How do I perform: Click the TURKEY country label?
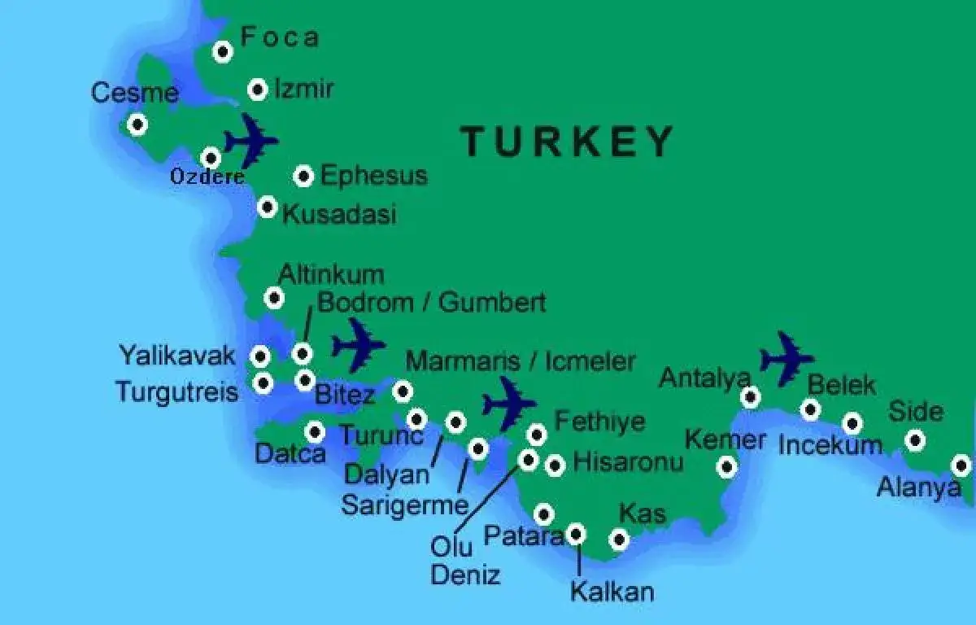567,142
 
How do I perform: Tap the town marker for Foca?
223,52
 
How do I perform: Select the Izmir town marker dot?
258,90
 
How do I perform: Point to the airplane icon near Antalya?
786,358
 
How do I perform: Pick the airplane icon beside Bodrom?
358,345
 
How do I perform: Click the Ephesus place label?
373,176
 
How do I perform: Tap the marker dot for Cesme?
137,125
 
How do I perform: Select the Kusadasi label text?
339,214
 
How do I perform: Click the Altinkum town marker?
275,298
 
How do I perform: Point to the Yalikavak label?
177,356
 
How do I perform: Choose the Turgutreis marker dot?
262,382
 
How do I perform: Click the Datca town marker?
315,431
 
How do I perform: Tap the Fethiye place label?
599,422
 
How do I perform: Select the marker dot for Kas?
619,540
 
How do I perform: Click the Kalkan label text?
612,592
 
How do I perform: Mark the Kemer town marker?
727,466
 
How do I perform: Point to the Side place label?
915,411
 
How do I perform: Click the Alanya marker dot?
961,466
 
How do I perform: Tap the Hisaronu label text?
628,462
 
